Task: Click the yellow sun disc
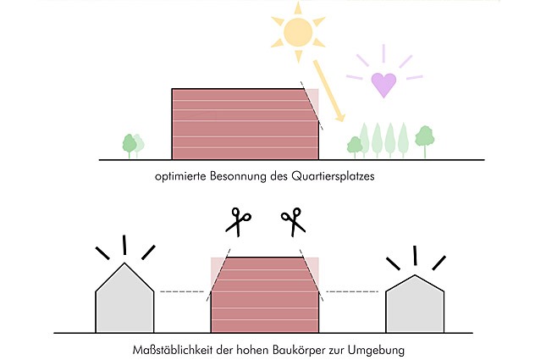(x=298, y=32)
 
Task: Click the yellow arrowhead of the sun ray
(x=339, y=117)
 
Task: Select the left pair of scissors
(x=238, y=222)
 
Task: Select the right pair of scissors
(x=293, y=222)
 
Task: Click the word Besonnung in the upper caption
(x=238, y=176)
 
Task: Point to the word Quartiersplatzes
(x=333, y=177)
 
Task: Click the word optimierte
(x=181, y=177)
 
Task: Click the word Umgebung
(x=377, y=351)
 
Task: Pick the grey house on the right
(x=415, y=303)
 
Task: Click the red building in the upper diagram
(x=245, y=125)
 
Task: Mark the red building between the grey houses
(x=265, y=295)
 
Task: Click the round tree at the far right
(x=425, y=137)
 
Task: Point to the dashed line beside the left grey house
(x=182, y=291)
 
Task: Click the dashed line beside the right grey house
(x=352, y=291)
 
